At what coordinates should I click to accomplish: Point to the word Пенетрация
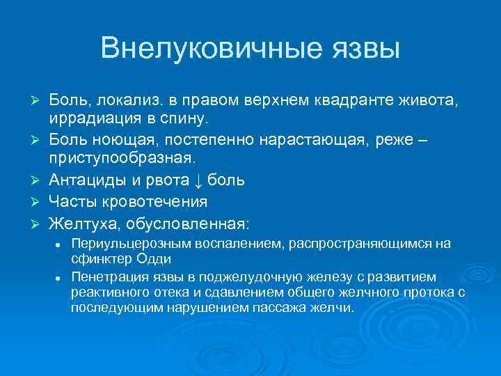pos(105,276)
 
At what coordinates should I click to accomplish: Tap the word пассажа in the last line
pos(278,307)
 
